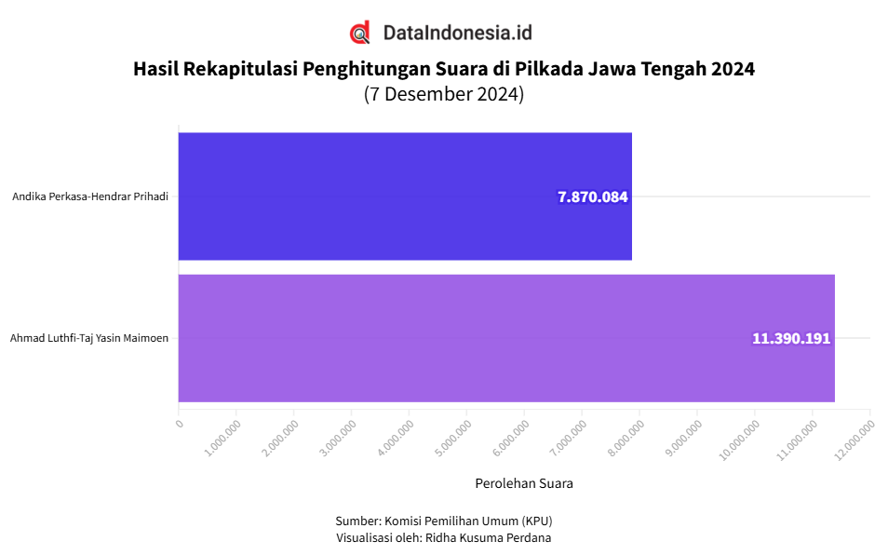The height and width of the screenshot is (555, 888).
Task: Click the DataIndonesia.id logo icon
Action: (360, 33)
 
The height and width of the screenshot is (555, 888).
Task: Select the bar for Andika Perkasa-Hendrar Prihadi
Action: (405, 196)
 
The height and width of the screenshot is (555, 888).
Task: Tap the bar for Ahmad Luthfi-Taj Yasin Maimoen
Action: (506, 338)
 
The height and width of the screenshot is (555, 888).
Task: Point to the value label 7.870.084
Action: (593, 197)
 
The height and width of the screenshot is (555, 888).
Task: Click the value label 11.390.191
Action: (791, 339)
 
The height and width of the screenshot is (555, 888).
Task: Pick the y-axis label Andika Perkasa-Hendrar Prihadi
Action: (90, 196)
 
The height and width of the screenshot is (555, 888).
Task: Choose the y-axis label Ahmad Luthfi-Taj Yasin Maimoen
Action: (89, 338)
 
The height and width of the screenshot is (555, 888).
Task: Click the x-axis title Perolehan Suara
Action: (524, 483)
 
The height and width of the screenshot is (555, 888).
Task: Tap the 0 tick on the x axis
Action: (180, 425)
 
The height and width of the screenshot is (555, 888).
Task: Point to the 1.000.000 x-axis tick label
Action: (224, 436)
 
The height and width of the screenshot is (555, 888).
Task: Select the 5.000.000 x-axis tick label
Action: (455, 436)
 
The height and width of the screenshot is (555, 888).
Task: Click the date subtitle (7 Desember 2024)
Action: (444, 94)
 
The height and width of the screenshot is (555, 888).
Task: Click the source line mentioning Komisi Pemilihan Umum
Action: (444, 520)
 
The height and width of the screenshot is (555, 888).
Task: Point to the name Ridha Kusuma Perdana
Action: (488, 537)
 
